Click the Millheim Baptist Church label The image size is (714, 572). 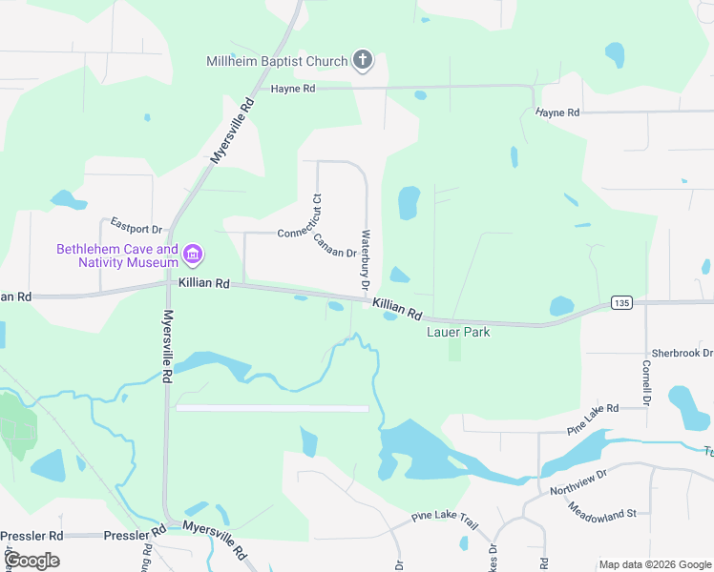277,62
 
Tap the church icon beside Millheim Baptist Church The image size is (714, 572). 362,61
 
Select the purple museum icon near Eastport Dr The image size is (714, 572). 193,254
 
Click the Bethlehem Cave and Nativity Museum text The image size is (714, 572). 116,255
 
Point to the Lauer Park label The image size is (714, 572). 457,332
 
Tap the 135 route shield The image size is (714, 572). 620,303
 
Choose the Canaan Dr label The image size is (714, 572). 335,246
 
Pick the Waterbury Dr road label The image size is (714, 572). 365,259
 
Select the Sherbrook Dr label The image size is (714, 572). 680,353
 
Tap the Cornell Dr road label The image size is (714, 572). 646,378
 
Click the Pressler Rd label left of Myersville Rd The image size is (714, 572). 31,536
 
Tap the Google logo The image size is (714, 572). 31,560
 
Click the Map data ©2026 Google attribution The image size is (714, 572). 654,564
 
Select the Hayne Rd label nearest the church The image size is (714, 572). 292,89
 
